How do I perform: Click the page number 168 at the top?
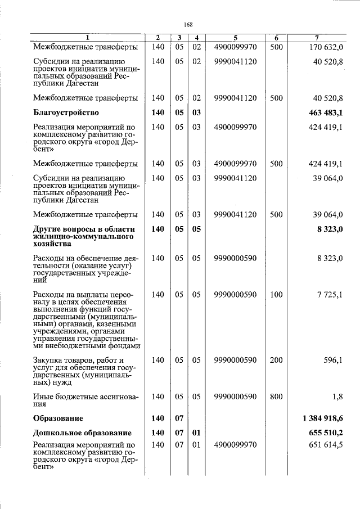coord(188,24)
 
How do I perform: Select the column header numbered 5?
coord(235,38)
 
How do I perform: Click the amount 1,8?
coord(337,397)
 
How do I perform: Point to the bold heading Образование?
coord(58,418)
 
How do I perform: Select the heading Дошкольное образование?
coord(82,433)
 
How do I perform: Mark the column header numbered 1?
coord(87,38)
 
